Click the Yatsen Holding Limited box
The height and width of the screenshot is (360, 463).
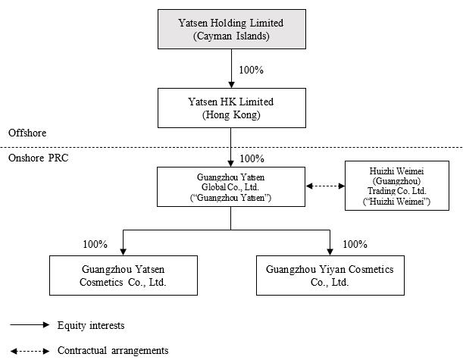[232, 30]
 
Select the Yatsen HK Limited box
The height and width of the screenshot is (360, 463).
[232, 108]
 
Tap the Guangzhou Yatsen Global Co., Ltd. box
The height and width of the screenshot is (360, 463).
[231, 186]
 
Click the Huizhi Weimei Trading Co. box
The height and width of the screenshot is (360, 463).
[397, 186]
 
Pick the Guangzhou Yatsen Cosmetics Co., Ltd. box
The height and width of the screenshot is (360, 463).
[124, 275]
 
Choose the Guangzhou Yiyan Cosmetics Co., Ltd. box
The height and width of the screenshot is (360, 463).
[330, 275]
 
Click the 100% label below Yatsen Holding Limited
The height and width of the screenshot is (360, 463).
[252, 70]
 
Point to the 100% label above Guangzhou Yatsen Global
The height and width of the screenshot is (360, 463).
[252, 158]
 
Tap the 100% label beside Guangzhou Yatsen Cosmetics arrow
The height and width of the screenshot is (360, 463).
[95, 244]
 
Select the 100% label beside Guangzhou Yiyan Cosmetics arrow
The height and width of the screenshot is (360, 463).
[355, 244]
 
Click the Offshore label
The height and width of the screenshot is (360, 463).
[27, 133]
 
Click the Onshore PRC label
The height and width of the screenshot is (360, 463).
[39, 158]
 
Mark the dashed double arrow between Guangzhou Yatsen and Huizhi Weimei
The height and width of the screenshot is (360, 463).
[325, 186]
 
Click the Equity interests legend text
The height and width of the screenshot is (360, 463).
[91, 325]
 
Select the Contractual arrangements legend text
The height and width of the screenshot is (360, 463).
[113, 351]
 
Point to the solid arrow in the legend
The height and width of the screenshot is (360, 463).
[30, 325]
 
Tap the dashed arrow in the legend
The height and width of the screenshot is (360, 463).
[30, 351]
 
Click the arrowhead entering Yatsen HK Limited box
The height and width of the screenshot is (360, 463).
[232, 85]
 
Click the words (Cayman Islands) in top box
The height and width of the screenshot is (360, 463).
[231, 36]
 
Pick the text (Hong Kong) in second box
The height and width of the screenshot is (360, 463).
[231, 114]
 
